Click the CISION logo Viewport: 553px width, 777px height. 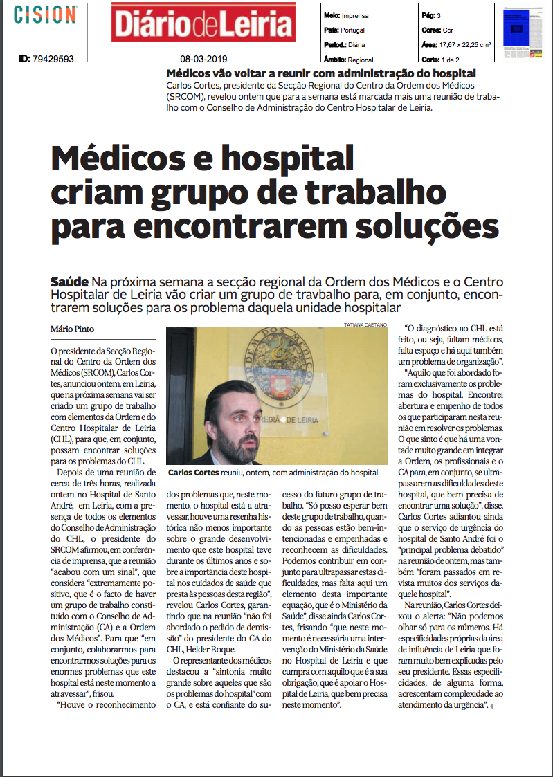[46, 15]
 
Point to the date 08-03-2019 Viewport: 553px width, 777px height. [203, 60]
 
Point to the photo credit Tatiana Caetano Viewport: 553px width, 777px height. [365, 324]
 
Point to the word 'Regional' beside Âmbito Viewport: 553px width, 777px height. [361, 60]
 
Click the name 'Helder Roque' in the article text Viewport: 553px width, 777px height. [210, 650]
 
